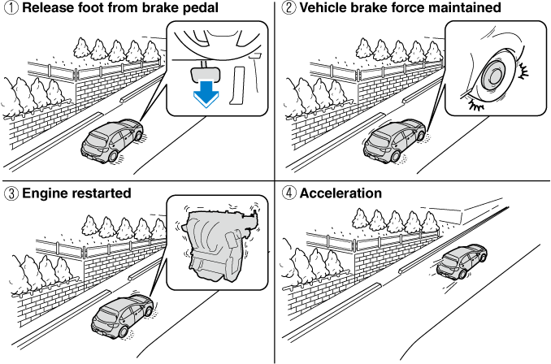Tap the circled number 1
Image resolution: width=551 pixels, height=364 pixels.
click(x=9, y=9)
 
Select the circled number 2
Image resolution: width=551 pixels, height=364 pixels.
click(x=289, y=9)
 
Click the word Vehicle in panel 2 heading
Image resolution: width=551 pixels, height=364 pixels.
click(x=325, y=9)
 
